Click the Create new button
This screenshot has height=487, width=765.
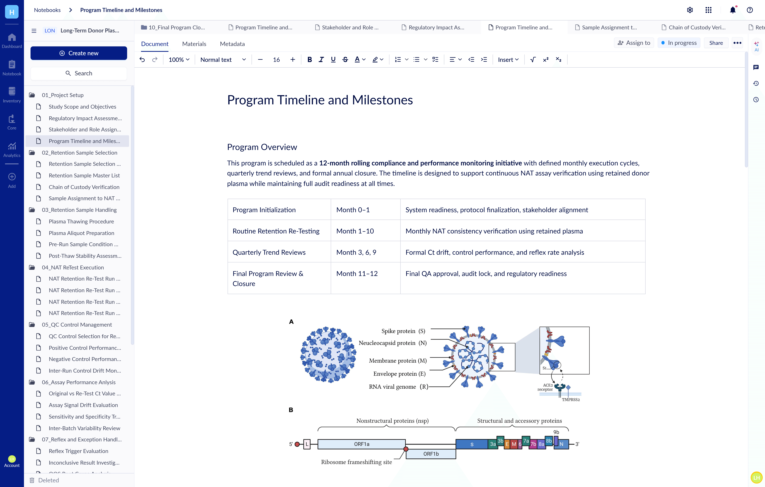(x=79, y=53)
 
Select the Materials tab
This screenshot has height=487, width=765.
(x=194, y=44)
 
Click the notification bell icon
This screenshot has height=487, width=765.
(x=733, y=10)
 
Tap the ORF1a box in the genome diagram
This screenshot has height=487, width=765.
(x=362, y=444)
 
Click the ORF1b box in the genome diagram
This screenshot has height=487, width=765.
(x=431, y=454)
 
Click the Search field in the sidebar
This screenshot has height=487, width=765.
(x=79, y=73)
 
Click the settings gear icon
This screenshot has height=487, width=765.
(x=690, y=10)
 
